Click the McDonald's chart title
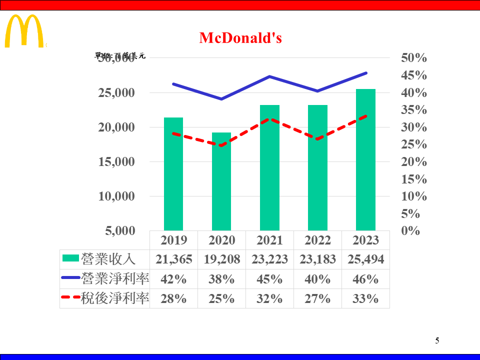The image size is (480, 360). click(240, 38)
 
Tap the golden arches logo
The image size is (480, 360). click(24, 31)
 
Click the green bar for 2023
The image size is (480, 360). click(365, 160)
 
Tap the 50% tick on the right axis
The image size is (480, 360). click(414, 58)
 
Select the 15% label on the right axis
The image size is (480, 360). click(414, 179)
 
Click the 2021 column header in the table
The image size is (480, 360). click(269, 240)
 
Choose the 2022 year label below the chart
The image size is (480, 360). click(317, 240)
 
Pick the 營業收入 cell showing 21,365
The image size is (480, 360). click(173, 259)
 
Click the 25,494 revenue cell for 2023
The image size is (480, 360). click(365, 259)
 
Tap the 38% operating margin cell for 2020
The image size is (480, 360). click(221, 279)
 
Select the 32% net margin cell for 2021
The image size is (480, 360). click(269, 298)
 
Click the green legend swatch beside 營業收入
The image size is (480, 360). click(70, 258)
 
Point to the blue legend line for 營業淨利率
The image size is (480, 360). click(70, 277)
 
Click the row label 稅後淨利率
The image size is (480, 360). click(115, 298)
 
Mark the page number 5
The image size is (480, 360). click(437, 341)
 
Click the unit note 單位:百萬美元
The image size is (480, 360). click(120, 56)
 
